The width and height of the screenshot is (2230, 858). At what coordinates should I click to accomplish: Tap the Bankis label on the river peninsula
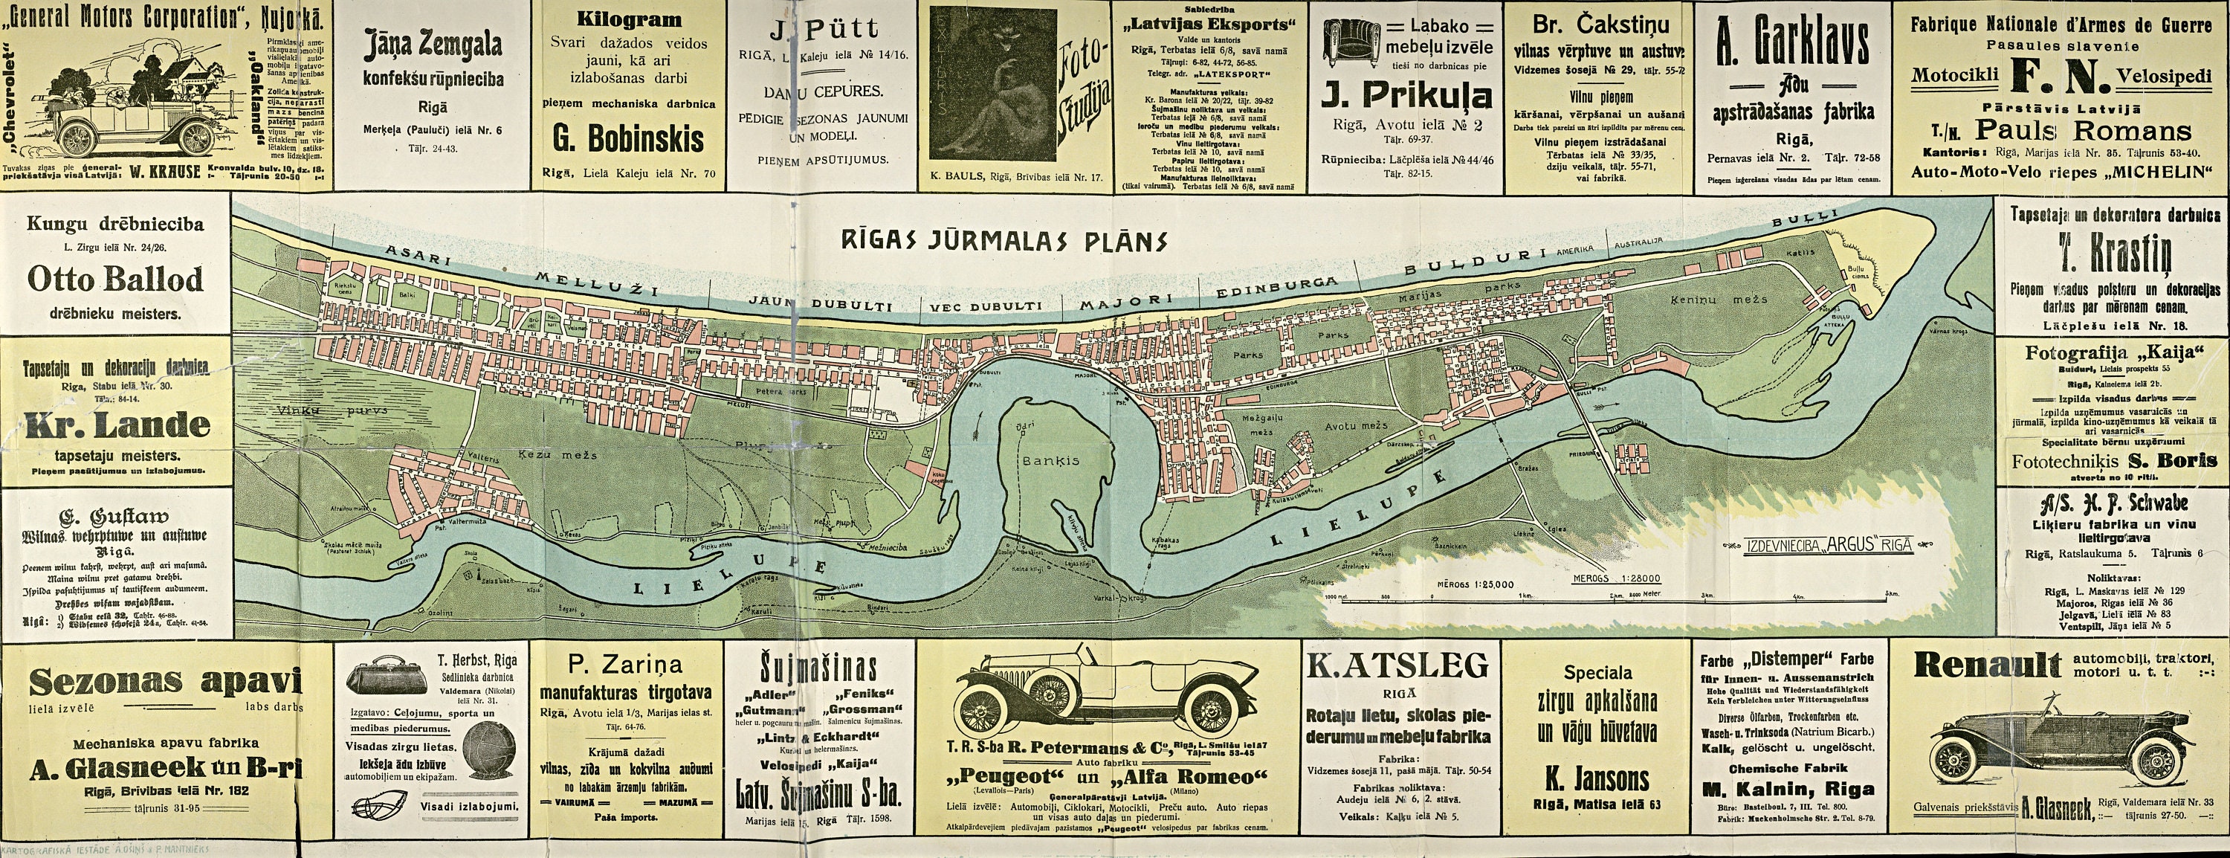click(x=1050, y=461)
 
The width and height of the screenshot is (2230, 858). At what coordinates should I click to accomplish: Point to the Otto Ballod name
click(x=116, y=280)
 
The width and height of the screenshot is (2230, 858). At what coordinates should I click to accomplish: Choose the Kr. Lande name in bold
click(x=117, y=425)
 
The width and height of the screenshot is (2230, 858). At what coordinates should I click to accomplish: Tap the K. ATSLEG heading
click(x=1397, y=665)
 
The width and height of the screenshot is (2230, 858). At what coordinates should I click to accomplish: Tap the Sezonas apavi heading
click(x=164, y=683)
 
